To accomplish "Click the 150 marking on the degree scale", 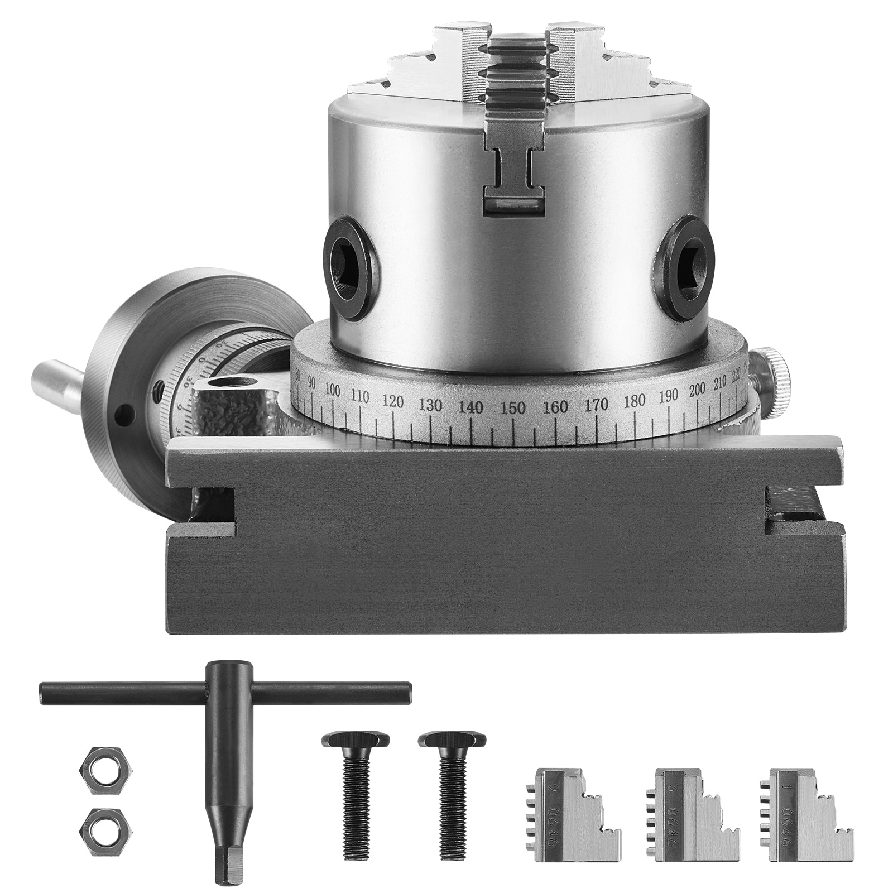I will point(513,407).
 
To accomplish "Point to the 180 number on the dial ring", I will point(635,400).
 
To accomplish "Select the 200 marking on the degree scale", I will point(697,390).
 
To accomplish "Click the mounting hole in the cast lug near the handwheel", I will point(232,383).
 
